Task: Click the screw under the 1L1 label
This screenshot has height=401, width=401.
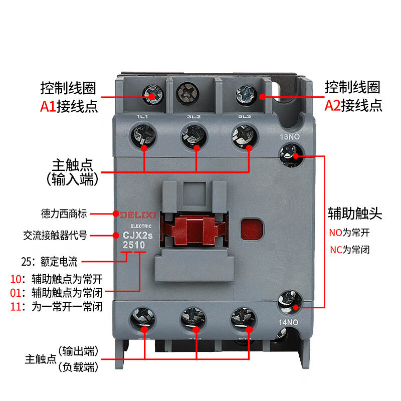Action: [143, 136]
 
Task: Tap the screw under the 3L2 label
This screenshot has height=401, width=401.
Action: [194, 136]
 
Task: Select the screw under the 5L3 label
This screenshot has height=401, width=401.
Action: [245, 136]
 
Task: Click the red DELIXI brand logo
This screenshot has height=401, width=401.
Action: [138, 215]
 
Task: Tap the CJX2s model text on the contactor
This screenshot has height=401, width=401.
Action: [137, 235]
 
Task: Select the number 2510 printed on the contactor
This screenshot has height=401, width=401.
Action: [134, 245]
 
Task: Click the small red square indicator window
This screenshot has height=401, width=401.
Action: [252, 229]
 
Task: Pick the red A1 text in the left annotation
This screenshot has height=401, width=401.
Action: [48, 106]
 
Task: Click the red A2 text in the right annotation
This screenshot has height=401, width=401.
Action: [332, 105]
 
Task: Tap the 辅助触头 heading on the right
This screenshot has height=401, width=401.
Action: [355, 214]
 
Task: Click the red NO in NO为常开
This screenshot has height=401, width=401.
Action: [335, 233]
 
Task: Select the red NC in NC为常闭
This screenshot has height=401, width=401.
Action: [336, 250]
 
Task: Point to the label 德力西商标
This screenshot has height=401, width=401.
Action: [64, 214]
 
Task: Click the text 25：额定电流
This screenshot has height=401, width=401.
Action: [49, 262]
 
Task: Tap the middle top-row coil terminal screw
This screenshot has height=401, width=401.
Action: [187, 93]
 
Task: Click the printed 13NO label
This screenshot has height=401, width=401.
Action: [290, 137]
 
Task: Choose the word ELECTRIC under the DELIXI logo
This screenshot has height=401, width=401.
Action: [141, 226]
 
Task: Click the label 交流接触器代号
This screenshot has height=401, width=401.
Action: [55, 235]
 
